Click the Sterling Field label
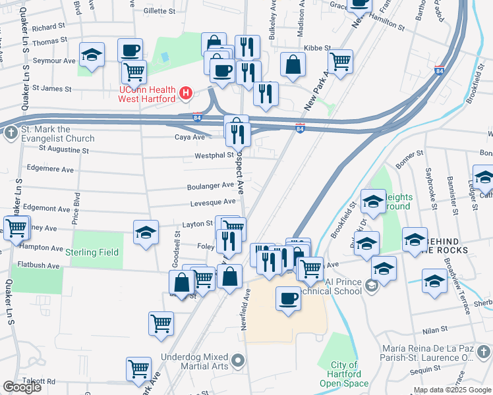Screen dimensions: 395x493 point(92,252)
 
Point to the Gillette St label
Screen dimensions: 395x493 point(159,11)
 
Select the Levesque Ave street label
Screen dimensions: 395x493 point(213,202)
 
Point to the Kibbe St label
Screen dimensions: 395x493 point(316,48)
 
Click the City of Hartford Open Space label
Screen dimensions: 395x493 point(345,374)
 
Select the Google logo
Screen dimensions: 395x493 point(22,387)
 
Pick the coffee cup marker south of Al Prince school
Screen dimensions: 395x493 point(287,300)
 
